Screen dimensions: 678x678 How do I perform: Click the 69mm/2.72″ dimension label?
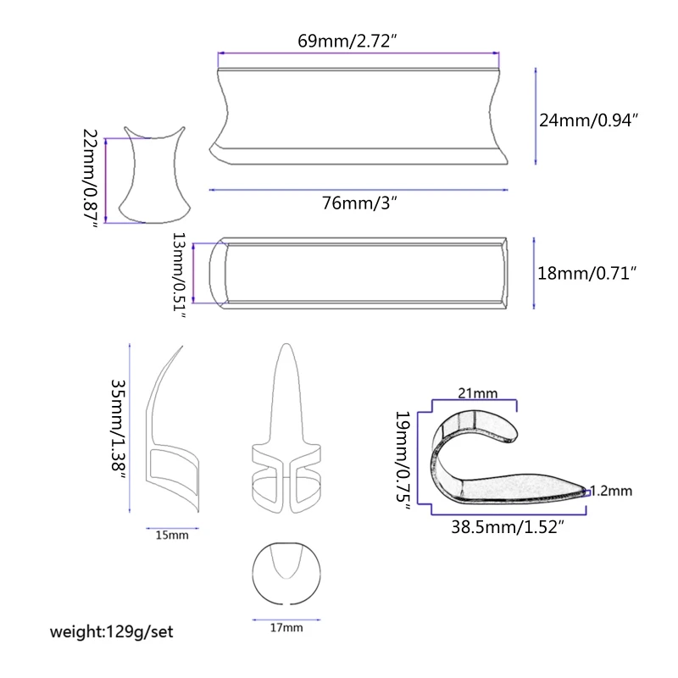pos(348,40)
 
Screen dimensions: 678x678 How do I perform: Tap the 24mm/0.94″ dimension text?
pos(588,120)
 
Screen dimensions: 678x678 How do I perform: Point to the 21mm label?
pos(476,392)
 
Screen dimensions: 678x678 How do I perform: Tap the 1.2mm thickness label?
pos(610,490)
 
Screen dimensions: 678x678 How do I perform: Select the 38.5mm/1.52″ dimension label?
pos(508,526)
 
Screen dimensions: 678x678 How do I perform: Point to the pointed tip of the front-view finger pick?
pos(287,349)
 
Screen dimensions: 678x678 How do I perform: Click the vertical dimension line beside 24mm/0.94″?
pos(536,117)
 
